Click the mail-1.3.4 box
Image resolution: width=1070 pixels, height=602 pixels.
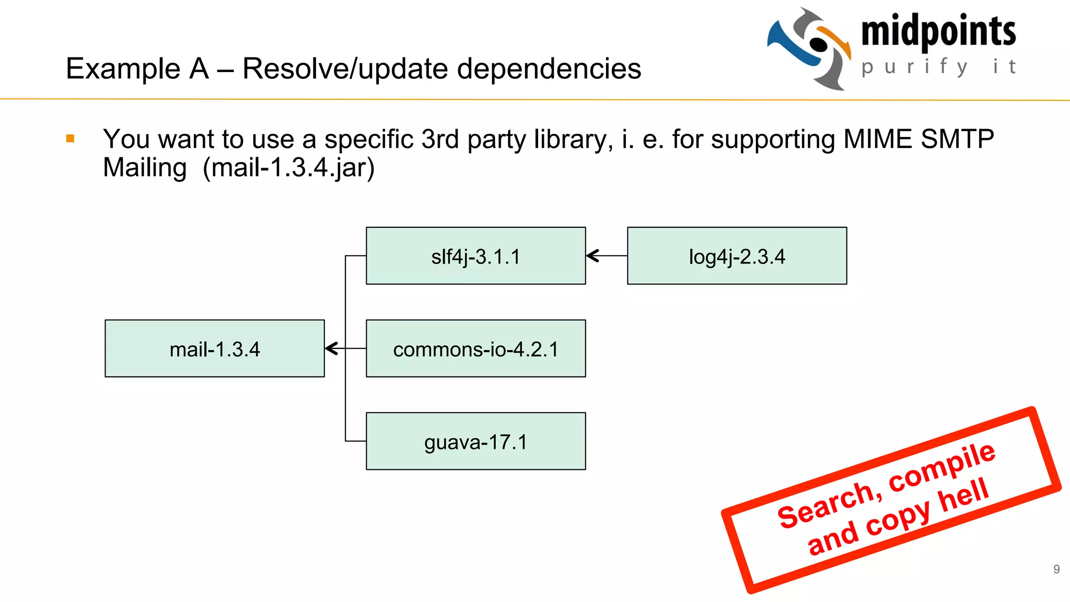point(214,349)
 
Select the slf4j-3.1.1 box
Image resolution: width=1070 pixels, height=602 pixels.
point(475,256)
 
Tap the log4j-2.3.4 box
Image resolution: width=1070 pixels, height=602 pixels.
point(737,256)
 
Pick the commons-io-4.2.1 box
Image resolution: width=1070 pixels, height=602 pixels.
point(475,349)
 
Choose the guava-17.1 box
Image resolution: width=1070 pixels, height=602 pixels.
point(475,442)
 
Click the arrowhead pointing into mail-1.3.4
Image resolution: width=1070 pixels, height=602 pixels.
point(331,349)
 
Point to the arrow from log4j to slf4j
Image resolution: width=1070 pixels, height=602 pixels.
point(606,256)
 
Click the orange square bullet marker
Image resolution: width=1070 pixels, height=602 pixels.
point(71,138)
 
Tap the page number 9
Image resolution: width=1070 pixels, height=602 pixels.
point(1056,569)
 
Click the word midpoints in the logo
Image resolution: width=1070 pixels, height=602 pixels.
point(938,31)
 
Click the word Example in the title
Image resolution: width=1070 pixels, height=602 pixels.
point(123,68)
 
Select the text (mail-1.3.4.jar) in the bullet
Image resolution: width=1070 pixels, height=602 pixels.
point(288,168)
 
